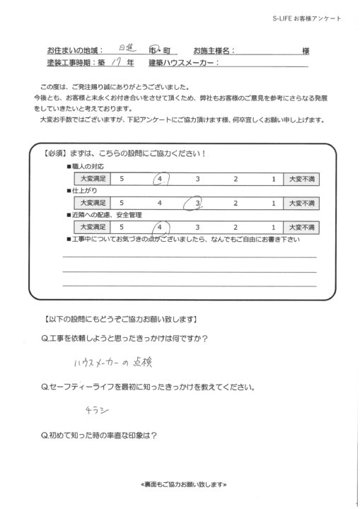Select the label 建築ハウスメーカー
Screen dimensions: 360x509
(x=184, y=63)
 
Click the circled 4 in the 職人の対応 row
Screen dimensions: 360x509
(x=162, y=179)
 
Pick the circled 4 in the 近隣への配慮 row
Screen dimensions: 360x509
(x=162, y=228)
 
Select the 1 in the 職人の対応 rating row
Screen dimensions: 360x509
(x=272, y=180)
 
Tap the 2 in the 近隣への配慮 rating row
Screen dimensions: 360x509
(x=236, y=228)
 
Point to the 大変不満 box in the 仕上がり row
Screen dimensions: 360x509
(x=301, y=204)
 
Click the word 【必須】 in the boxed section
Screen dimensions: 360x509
(x=57, y=154)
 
